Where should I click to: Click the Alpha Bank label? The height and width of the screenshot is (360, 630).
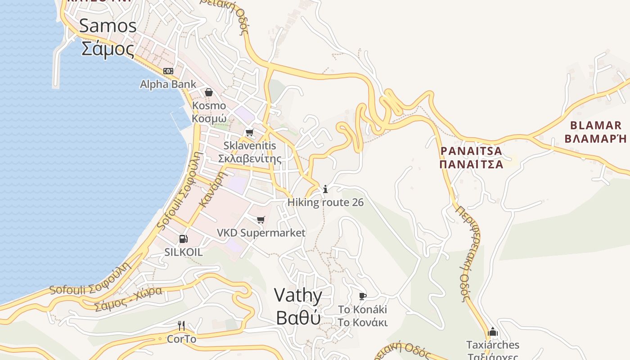(x=168, y=84)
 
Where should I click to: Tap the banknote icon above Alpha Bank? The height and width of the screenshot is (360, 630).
(x=168, y=71)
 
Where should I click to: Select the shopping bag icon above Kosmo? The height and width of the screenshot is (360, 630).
(x=209, y=92)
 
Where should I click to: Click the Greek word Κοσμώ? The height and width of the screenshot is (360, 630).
(x=209, y=118)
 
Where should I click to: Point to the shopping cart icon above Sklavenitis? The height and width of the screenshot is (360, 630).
(x=249, y=132)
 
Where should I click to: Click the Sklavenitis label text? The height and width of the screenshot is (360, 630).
(x=250, y=146)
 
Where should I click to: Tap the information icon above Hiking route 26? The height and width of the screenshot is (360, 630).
(x=325, y=189)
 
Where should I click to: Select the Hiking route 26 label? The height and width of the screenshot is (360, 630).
(x=325, y=202)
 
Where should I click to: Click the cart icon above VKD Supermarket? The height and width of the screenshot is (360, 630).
(x=261, y=220)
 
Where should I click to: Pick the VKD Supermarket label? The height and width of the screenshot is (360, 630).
(x=261, y=233)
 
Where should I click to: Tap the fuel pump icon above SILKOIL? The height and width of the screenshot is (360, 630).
(x=183, y=239)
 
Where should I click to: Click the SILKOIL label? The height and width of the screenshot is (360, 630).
(x=184, y=252)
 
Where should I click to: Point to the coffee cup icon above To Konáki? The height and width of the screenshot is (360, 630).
(x=363, y=296)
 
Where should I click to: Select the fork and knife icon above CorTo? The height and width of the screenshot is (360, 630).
(x=181, y=325)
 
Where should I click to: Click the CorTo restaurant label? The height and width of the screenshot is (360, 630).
(x=181, y=339)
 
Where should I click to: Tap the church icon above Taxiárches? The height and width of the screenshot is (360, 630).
(x=493, y=332)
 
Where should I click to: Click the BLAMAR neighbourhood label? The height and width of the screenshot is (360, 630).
(x=595, y=126)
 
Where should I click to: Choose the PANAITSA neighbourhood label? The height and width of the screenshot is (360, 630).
(x=471, y=151)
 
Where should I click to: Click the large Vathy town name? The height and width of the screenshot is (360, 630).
(x=298, y=296)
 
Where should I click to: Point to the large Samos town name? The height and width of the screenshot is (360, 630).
(x=108, y=26)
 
